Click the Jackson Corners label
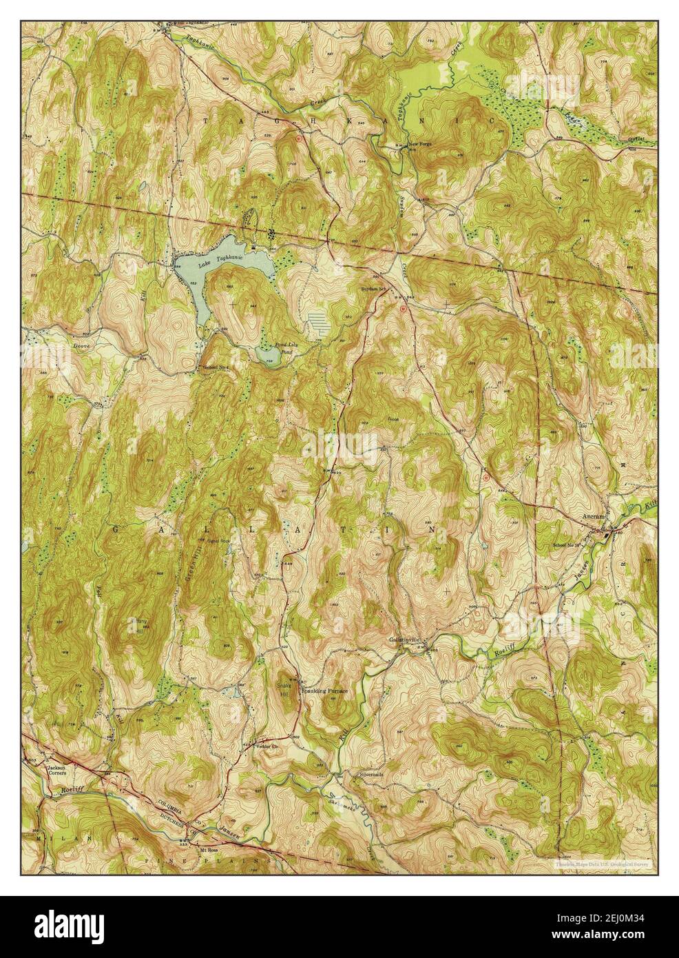[56, 770]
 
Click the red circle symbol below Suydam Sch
[403, 309]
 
